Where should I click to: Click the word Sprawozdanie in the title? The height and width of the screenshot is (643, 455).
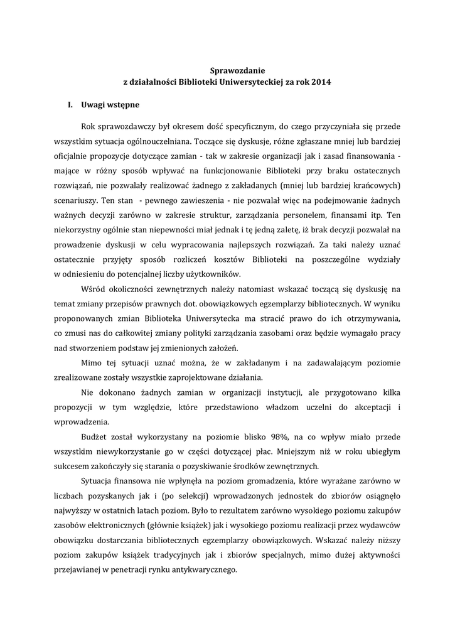[227, 71]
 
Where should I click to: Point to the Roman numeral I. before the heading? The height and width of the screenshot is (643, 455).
[71, 104]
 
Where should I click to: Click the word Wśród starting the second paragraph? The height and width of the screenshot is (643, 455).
[94, 288]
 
